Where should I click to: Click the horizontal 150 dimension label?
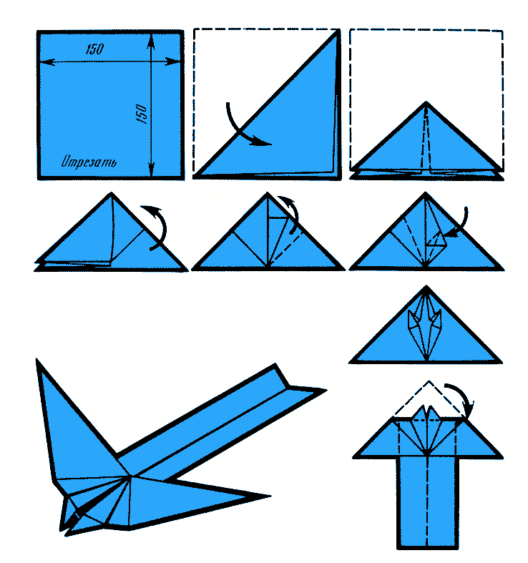click(x=95, y=49)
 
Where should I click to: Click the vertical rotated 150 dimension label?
click(x=142, y=114)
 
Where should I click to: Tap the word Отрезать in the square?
click(x=89, y=162)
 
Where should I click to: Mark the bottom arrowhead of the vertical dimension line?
click(x=151, y=169)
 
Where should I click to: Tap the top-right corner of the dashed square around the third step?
click(x=502, y=31)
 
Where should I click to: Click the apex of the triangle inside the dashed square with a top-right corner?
click(x=426, y=103)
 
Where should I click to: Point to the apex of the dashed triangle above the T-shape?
click(x=429, y=381)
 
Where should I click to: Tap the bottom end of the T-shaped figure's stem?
click(x=427, y=547)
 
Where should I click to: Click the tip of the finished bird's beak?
click(x=67, y=535)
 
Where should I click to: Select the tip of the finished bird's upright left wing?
click(x=37, y=359)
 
